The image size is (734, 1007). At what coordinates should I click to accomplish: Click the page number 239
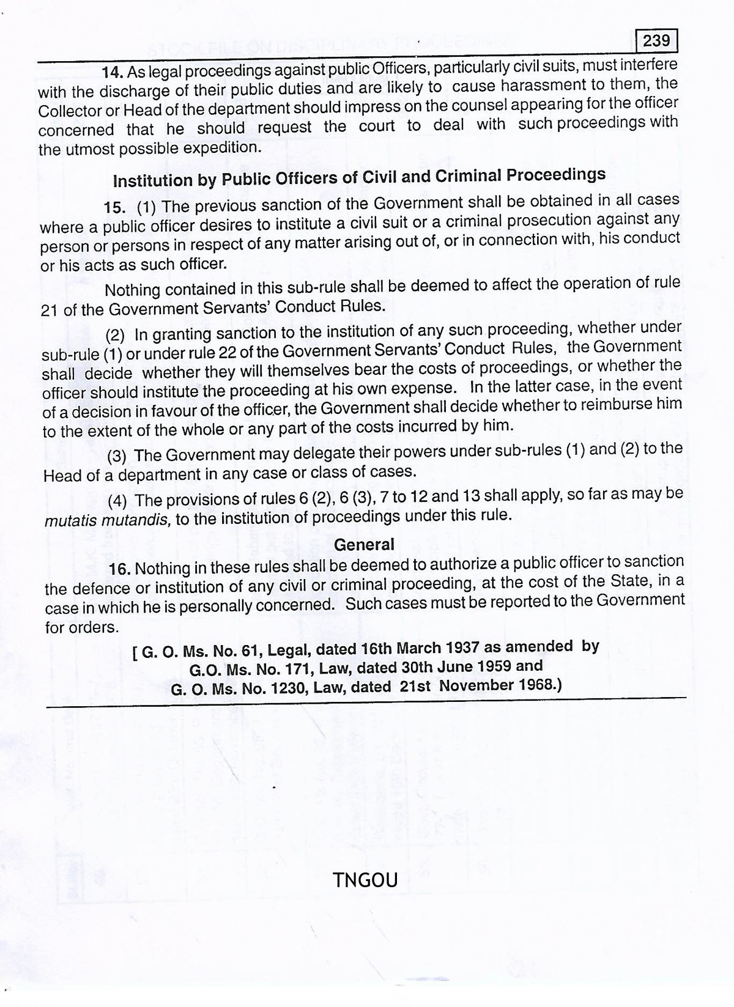point(656,42)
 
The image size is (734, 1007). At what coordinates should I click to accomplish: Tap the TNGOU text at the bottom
point(366,880)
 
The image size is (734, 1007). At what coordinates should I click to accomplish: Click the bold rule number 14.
point(113,72)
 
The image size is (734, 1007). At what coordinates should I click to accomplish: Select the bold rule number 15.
point(115,207)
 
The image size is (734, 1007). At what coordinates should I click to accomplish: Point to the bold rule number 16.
point(120,569)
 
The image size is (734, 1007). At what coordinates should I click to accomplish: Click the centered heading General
point(365,544)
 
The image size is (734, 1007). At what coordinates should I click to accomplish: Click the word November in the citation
point(476,685)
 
